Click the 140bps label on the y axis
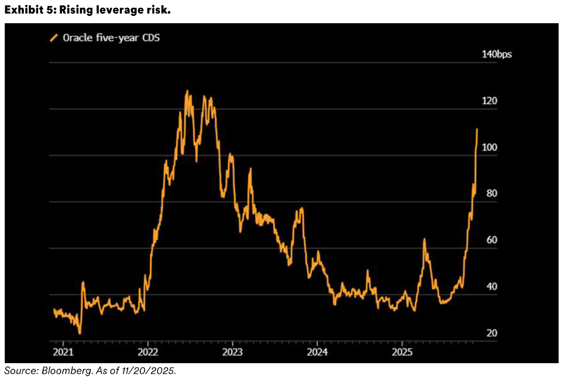tap(497, 54)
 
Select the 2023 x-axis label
tap(233, 352)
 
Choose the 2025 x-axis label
tap(402, 352)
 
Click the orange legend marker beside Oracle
tap(53, 38)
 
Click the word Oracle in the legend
tap(77, 38)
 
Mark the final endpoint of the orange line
tap(477, 129)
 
